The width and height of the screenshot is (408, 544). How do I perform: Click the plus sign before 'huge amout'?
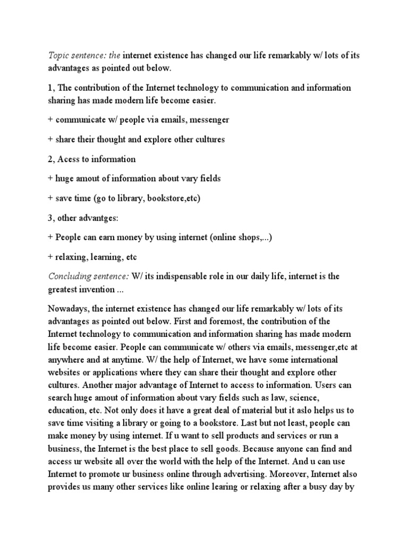pyautogui.click(x=51, y=179)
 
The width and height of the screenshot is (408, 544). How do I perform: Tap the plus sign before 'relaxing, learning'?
pyautogui.click(x=51, y=257)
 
